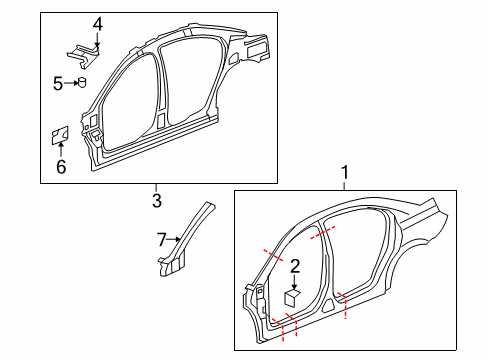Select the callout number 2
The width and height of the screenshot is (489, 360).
(x=295, y=265)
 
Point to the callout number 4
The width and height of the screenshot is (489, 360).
(x=98, y=23)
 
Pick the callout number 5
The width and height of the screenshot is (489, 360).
(x=59, y=83)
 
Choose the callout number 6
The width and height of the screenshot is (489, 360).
(x=61, y=166)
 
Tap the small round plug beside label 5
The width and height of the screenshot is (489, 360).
(x=81, y=83)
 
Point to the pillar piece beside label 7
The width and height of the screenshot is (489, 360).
(x=190, y=240)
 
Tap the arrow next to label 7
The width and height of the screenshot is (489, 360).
(x=175, y=239)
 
